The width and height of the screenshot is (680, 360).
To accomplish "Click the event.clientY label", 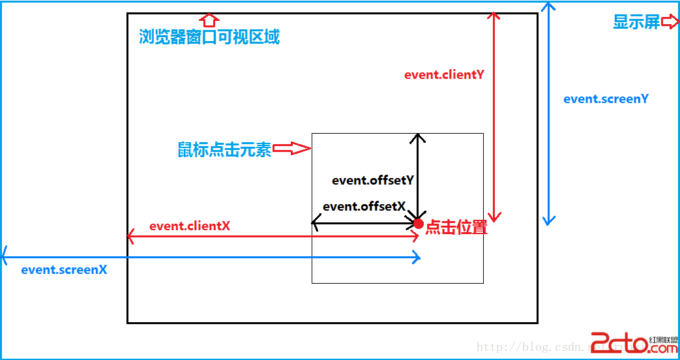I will pos(444,74).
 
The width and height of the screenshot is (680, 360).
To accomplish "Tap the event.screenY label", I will pos(606,99).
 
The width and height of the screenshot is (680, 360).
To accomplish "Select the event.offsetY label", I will pos(373,181).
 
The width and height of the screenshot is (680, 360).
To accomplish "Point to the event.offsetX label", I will pos(364,206).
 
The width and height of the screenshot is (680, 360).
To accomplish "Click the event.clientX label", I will pos(189,226).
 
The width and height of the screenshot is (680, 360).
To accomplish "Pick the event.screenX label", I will pos(64,269).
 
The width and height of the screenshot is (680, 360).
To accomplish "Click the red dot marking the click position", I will pos(419,224).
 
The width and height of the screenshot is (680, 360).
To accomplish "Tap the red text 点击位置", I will pos(456,228).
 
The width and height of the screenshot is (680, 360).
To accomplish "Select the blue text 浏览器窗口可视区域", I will pos(209,37).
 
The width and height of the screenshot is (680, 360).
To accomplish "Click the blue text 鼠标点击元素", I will pos(224,149).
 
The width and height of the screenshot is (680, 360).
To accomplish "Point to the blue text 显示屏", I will pos(636,22).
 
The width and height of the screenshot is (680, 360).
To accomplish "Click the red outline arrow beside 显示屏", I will pos(670,22).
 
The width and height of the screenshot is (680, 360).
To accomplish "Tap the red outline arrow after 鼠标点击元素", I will pos(291,149).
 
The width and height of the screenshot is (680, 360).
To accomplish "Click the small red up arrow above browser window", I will pos(209,18).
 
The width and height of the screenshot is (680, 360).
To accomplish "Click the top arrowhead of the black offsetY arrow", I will pos(417,137).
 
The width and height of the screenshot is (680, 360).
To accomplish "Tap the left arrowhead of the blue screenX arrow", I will pos(6,252).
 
